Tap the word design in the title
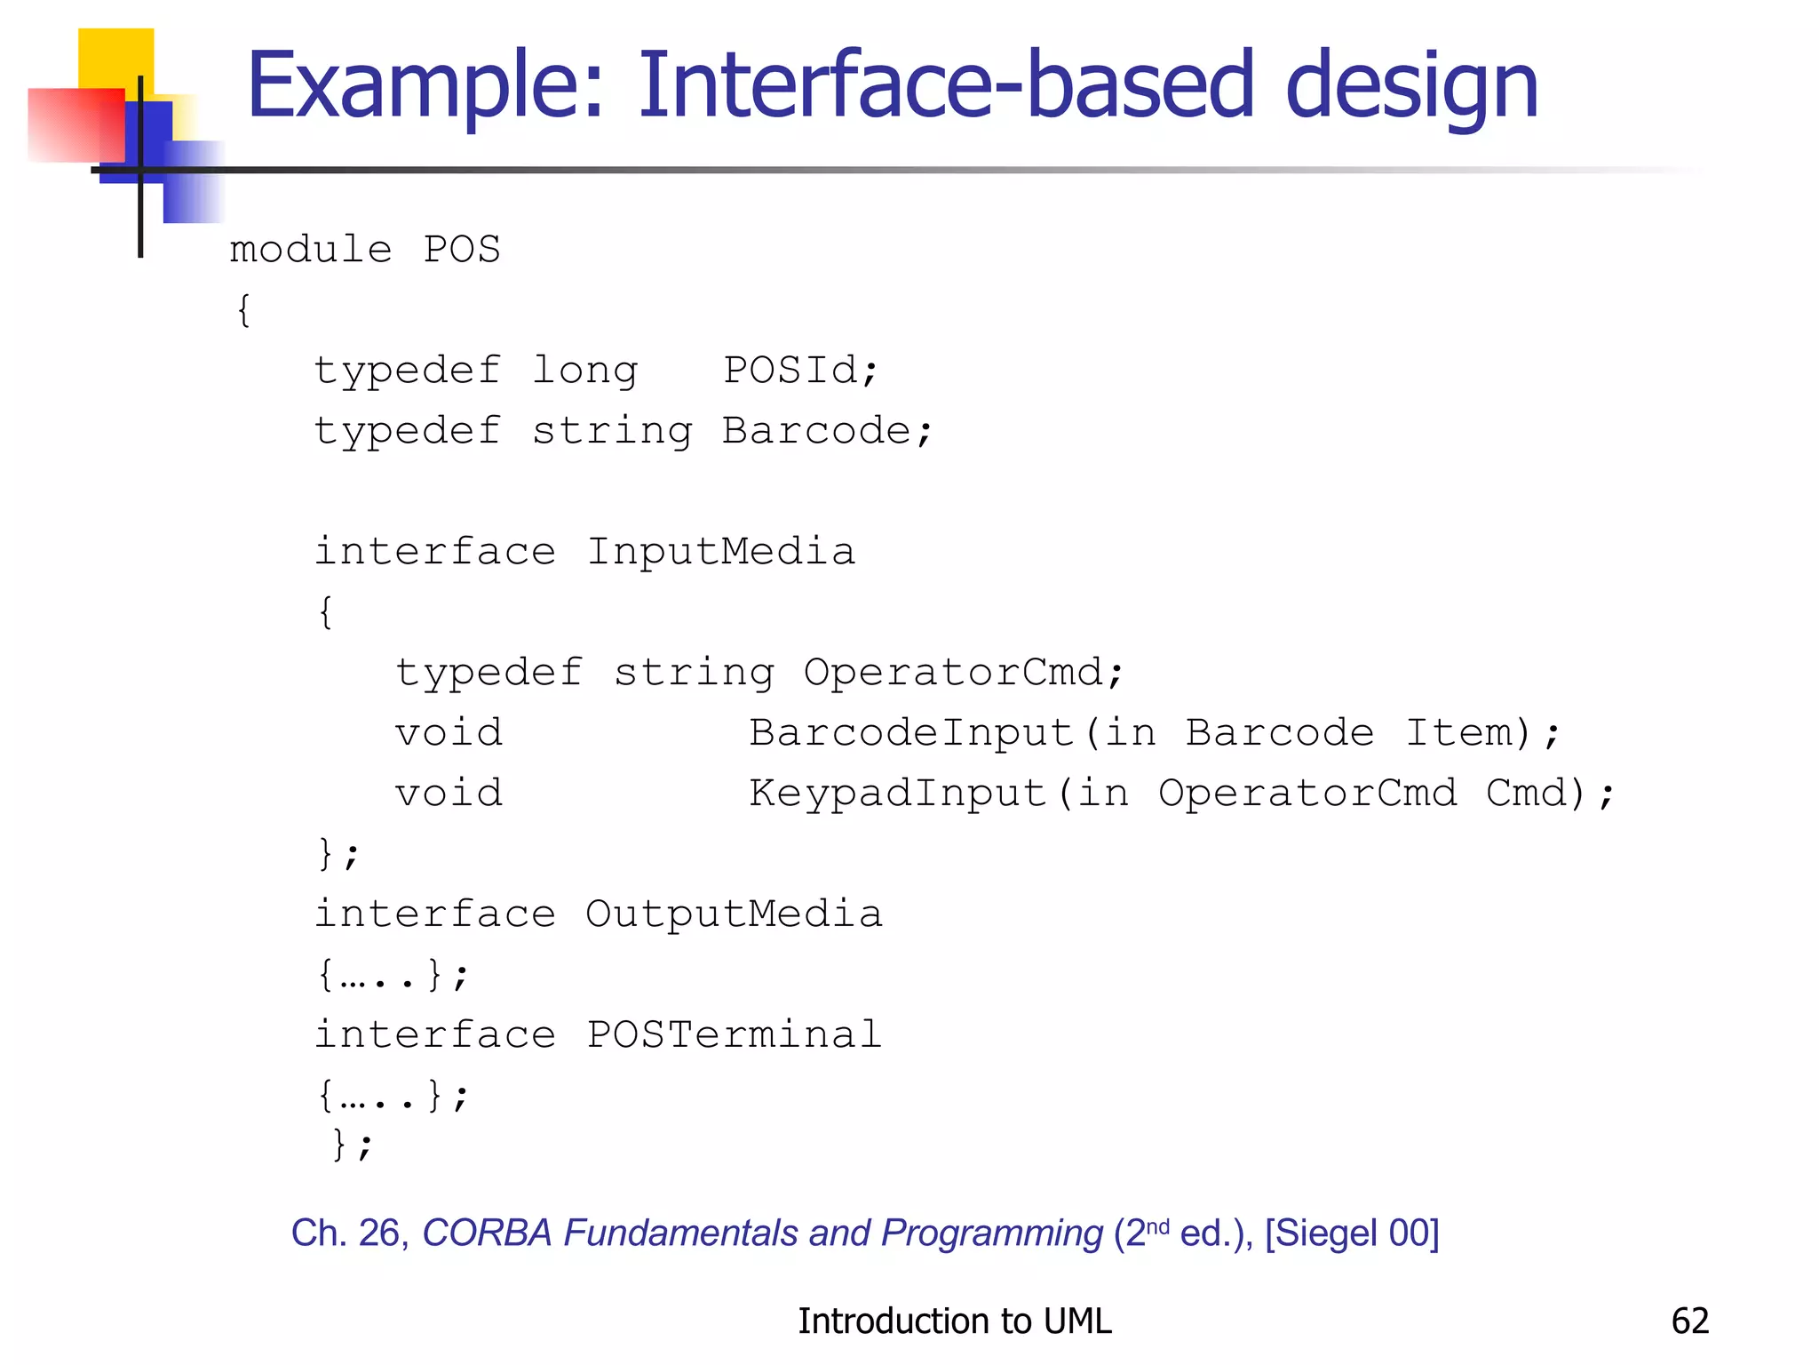point(1411,86)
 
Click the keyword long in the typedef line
point(585,370)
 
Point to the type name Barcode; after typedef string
point(827,431)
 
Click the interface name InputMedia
point(720,551)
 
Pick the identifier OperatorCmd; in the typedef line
point(964,672)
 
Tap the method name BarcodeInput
point(911,732)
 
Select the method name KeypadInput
point(898,793)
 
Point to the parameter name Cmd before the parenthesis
point(1526,793)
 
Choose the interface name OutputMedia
point(734,914)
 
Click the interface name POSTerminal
point(734,1034)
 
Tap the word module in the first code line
point(311,250)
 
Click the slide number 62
point(1689,1321)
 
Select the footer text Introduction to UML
point(954,1321)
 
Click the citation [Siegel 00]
point(1351,1233)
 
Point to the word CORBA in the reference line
point(487,1233)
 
